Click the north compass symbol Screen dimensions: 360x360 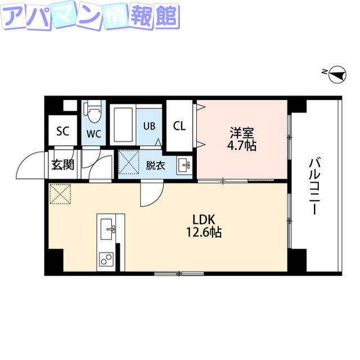click(x=336, y=74)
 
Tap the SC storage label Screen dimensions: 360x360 click(x=62, y=132)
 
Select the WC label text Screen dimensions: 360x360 click(x=93, y=134)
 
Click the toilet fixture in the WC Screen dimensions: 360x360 click(x=94, y=112)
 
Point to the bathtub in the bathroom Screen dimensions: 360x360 click(x=123, y=124)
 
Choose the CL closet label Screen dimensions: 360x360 click(x=179, y=126)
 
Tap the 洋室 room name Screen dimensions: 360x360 click(x=242, y=134)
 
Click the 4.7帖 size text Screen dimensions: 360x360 click(x=242, y=146)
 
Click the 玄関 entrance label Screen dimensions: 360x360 click(x=62, y=165)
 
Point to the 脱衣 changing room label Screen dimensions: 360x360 click(x=155, y=165)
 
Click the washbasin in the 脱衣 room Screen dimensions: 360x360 click(x=183, y=165)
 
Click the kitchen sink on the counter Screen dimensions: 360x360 click(x=107, y=228)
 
